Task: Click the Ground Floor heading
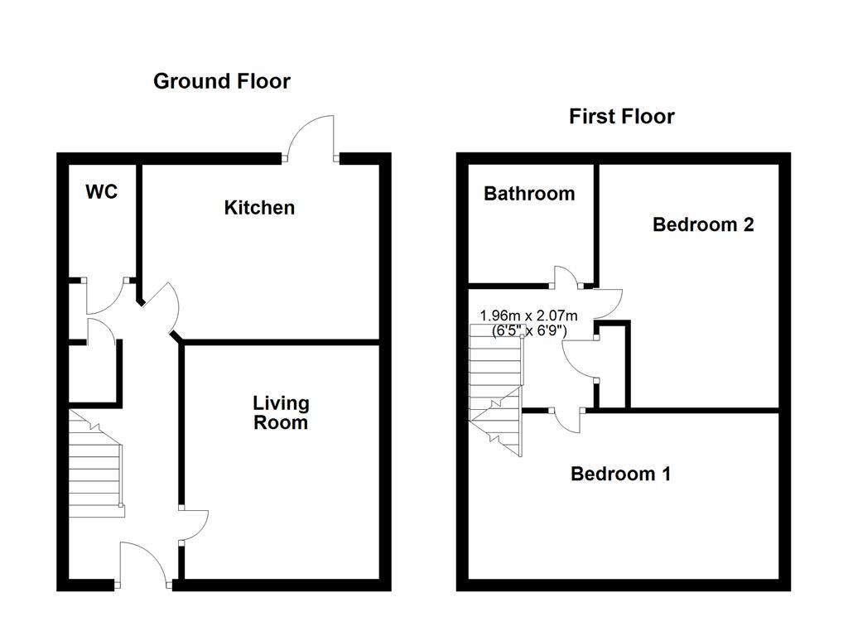[222, 81]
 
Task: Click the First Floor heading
[621, 117]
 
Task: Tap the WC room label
[102, 192]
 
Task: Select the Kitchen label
[259, 207]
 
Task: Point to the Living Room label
[281, 412]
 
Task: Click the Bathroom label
[529, 194]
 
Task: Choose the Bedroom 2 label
[703, 224]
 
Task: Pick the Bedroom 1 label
[620, 474]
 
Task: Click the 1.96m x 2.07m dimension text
[529, 316]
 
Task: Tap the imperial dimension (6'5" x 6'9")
[529, 330]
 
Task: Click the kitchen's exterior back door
[311, 137]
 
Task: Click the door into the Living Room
[194, 525]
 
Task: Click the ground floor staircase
[95, 464]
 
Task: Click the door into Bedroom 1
[567, 420]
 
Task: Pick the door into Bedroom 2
[609, 303]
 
